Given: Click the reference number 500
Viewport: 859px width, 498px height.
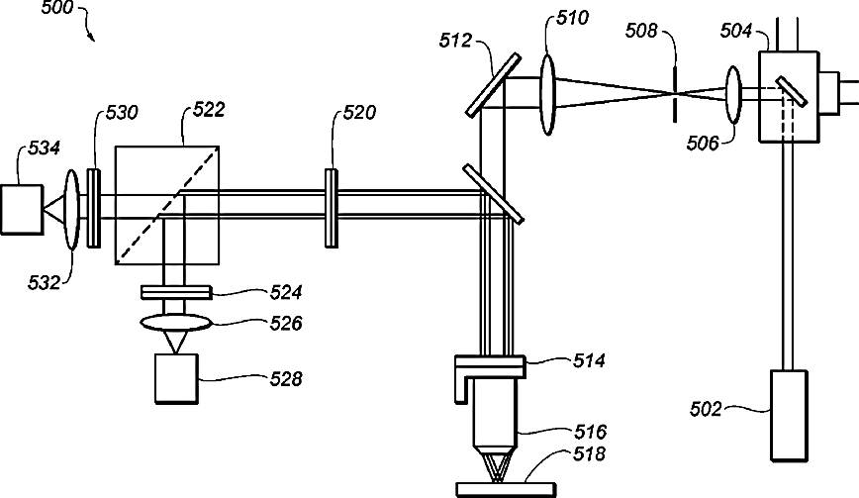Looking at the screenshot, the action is pyautogui.click(x=57, y=8).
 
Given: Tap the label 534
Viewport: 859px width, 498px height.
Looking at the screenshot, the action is pyautogui.click(x=44, y=148).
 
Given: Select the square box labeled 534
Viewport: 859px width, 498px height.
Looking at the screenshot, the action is pyautogui.click(x=22, y=209).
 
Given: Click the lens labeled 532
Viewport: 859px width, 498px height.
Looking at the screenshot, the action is pyautogui.click(x=72, y=210).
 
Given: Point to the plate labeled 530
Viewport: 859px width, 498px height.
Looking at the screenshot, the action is pyautogui.click(x=94, y=208).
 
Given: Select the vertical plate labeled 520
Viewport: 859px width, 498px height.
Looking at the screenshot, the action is pyautogui.click(x=331, y=208).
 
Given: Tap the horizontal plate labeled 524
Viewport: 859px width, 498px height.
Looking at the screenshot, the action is pyautogui.click(x=176, y=292).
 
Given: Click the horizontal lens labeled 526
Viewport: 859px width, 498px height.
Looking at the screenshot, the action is pyautogui.click(x=175, y=323).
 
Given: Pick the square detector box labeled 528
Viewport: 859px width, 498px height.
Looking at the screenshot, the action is pyautogui.click(x=176, y=379).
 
